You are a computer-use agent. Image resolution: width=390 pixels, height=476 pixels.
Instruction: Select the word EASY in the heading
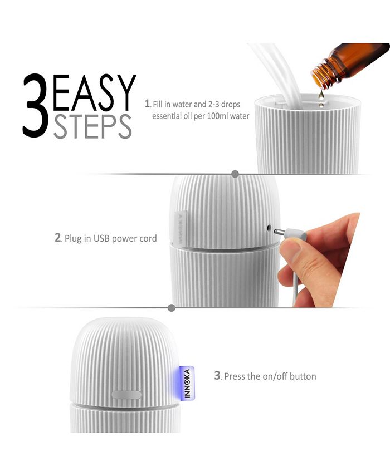95,93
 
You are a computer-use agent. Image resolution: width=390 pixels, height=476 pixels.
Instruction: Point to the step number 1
147,104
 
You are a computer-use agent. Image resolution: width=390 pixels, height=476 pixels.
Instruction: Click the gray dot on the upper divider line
235,174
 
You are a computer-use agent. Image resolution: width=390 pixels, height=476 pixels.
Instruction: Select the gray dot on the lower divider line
172,307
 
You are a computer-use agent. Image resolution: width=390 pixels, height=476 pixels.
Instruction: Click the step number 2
57,238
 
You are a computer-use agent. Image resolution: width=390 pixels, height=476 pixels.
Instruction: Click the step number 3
218,376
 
